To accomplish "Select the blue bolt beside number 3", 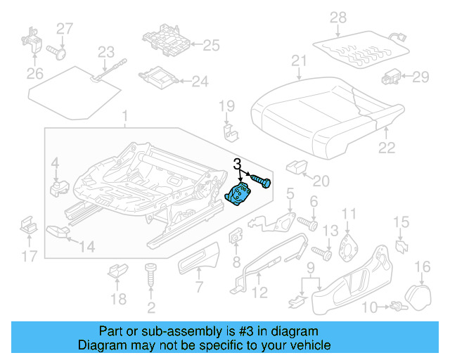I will pos(261,182).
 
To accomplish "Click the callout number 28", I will pos(338,17).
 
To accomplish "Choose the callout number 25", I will pos(211,46).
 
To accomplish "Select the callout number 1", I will pos(125,115).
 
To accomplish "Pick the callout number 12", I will pos(259,292).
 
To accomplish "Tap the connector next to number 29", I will pos(392,76).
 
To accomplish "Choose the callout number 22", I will pos(387,147).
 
